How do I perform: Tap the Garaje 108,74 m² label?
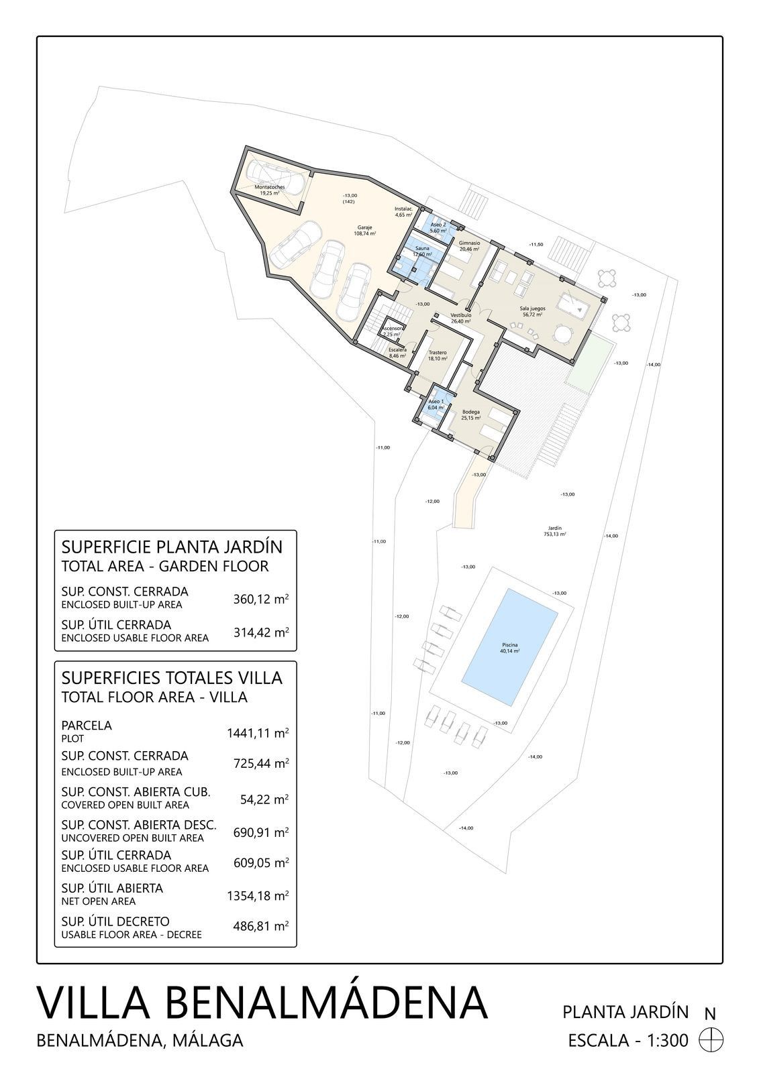pyautogui.click(x=365, y=231)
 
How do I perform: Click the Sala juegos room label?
pyautogui.click(x=532, y=312)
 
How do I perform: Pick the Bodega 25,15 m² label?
pyautogui.click(x=470, y=414)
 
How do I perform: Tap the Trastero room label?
pyautogui.click(x=438, y=355)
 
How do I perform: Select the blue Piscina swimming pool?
pyautogui.click(x=511, y=648)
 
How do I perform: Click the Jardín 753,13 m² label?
pyautogui.click(x=554, y=531)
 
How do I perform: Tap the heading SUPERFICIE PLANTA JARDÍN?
pyautogui.click(x=172, y=547)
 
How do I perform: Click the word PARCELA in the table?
pyautogui.click(x=87, y=725)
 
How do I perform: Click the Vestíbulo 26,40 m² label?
pyautogui.click(x=460, y=318)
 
